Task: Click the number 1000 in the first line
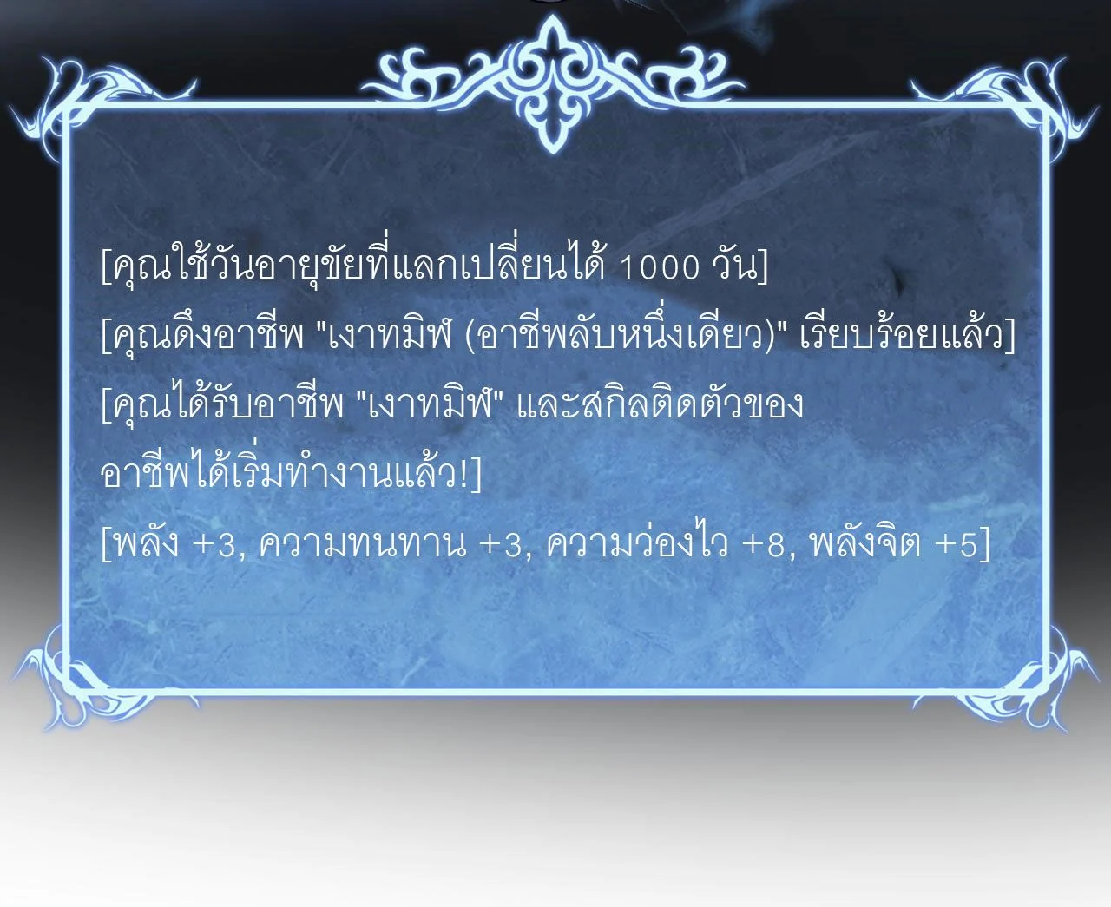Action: click(659, 267)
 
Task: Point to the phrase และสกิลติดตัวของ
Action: click(660, 404)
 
